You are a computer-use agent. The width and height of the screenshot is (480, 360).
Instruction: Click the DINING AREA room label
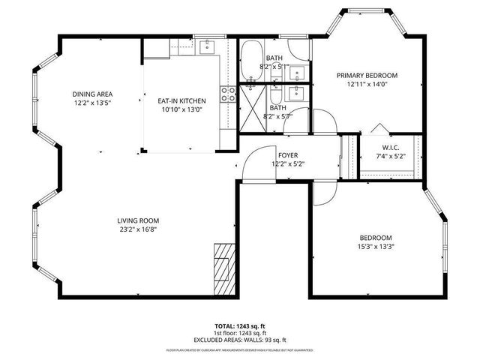(93, 94)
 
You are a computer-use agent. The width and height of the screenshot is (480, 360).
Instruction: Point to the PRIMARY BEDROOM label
(367, 76)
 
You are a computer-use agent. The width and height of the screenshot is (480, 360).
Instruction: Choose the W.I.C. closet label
(390, 147)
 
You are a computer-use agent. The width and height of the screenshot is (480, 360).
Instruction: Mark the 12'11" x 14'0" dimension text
(367, 85)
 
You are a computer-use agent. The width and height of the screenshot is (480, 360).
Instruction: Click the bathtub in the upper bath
(251, 56)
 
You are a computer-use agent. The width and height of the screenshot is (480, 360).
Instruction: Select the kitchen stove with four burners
(228, 94)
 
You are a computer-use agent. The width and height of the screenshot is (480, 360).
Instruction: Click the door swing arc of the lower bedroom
(325, 193)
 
